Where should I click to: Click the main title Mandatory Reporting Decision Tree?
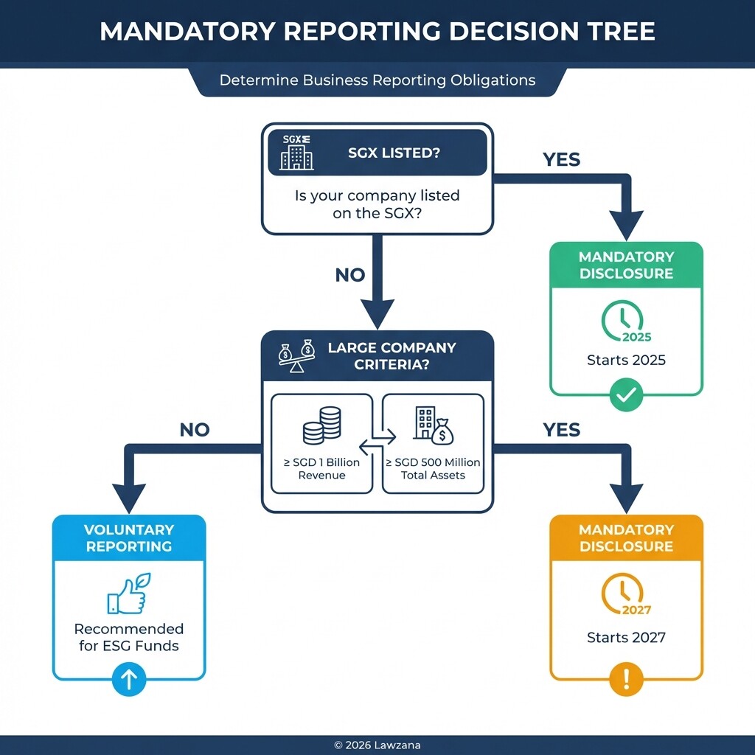(377, 32)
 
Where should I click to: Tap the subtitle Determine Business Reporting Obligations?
(377, 80)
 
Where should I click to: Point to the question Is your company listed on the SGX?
(377, 204)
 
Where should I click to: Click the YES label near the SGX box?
(561, 159)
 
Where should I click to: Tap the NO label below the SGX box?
(350, 275)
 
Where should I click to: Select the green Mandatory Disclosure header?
(626, 265)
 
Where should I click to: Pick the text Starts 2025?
(626, 361)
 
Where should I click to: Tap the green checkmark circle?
(626, 396)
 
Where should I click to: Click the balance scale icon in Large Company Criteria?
(296, 355)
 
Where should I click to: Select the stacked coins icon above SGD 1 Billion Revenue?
(322, 425)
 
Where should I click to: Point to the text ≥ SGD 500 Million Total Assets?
(433, 469)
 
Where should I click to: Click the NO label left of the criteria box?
(195, 430)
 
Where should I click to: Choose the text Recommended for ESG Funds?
(129, 637)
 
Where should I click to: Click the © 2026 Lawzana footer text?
(377, 745)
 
